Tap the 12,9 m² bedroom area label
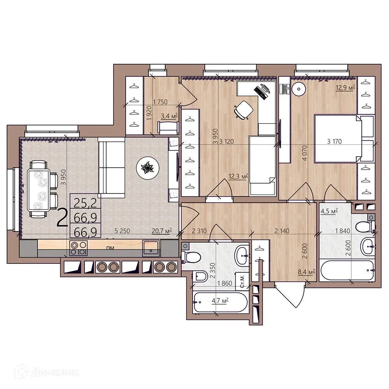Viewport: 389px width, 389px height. [346, 88]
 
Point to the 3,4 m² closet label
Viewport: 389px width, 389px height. [169, 115]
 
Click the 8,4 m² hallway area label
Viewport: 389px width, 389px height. [306, 272]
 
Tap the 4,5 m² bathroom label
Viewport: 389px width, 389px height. [329, 212]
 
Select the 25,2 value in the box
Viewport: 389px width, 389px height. [85, 202]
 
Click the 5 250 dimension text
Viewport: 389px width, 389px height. [122, 231]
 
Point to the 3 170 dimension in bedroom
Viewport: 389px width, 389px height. [335, 142]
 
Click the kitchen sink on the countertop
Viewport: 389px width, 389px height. [151, 248]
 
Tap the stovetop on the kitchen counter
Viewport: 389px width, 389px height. [78, 248]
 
